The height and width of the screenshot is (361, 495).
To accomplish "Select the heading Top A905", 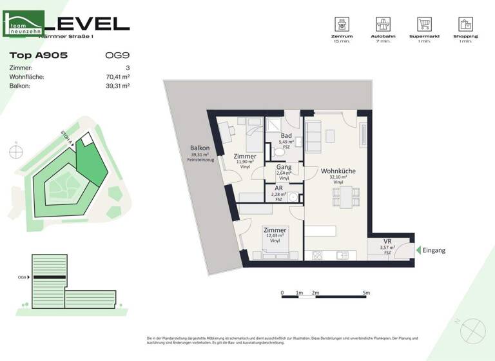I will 39,55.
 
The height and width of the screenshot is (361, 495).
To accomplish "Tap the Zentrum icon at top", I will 339,25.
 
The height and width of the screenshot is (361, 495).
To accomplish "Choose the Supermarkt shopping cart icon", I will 424,25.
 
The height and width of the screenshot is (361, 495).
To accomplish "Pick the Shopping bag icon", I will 466,25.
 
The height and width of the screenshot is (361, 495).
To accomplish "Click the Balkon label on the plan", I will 200,148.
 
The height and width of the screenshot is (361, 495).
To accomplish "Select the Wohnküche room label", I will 338,171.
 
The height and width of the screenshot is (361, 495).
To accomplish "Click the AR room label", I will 278,189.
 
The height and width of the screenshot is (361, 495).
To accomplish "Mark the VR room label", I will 387,242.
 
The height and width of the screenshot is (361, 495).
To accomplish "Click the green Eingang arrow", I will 418,250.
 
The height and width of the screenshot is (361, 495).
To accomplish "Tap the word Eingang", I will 434,250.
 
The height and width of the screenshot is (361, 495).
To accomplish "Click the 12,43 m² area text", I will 275,236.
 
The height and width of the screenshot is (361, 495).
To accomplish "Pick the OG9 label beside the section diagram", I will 22,277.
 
